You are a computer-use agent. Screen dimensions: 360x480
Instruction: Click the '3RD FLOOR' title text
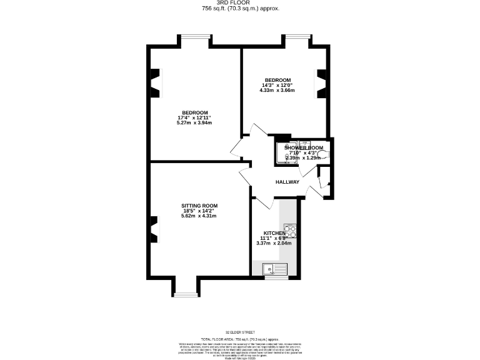pos(240,3)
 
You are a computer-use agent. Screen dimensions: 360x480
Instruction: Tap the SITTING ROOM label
pos(199,206)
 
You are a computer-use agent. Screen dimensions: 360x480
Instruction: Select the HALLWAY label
pos(287,182)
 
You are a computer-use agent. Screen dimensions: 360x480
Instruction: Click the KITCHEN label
pos(274,233)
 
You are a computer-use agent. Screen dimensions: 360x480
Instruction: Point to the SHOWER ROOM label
pos(304,147)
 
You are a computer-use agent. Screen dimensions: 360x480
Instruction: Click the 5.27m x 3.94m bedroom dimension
pos(194,122)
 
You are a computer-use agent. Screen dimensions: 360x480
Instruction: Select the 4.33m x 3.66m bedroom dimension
pos(277,91)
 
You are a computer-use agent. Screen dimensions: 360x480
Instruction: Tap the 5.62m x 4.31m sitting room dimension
pos(199,216)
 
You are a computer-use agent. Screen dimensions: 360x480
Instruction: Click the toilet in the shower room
pos(322,153)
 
